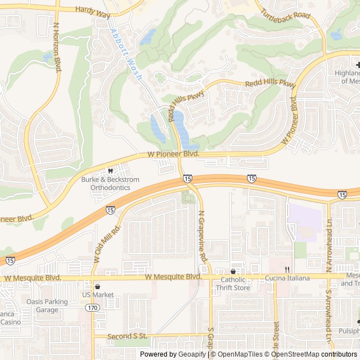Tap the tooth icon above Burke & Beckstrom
click(x=110, y=170)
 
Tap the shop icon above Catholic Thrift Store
click(x=233, y=271)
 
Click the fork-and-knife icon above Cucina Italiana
click(x=287, y=269)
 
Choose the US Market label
click(x=98, y=295)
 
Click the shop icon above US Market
click(x=98, y=286)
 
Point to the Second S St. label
click(x=128, y=336)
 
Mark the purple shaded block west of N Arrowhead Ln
click(x=307, y=222)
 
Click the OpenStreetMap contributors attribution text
click(x=319, y=354)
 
